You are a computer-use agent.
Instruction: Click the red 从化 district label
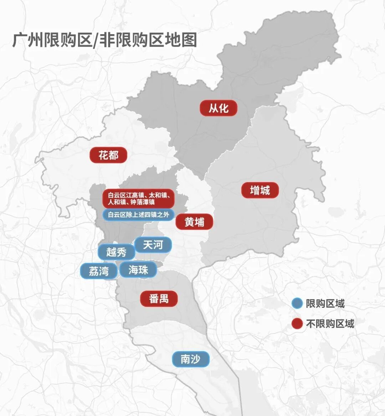pyautogui.click(x=219, y=108)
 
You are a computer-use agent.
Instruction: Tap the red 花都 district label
pyautogui.click(x=108, y=155)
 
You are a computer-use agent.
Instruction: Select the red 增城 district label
pyautogui.click(x=260, y=190)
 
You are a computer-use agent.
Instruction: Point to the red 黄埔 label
pyautogui.click(x=194, y=222)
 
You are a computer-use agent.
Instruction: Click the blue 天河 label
pyautogui.click(x=153, y=245)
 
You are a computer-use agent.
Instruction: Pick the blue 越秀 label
pyautogui.click(x=117, y=252)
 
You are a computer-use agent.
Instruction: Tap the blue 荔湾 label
pyautogui.click(x=99, y=271)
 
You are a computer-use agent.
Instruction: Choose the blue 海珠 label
pyautogui.click(x=138, y=270)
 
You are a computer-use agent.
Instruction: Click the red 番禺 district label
pyautogui.click(x=159, y=298)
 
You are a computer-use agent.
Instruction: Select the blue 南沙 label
pyautogui.click(x=190, y=359)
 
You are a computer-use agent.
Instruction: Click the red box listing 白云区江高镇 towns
pyautogui.click(x=138, y=199)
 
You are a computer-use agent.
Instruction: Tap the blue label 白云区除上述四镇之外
pyautogui.click(x=138, y=215)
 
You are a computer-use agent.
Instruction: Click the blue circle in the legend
pyautogui.click(x=297, y=304)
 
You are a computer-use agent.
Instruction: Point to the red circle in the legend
pyautogui.click(x=297, y=323)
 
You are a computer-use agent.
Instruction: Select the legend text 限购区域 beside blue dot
pyautogui.click(x=325, y=304)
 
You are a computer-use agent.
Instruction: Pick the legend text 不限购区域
pyautogui.click(x=330, y=323)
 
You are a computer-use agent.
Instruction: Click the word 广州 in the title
pyautogui.click(x=27, y=40)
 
